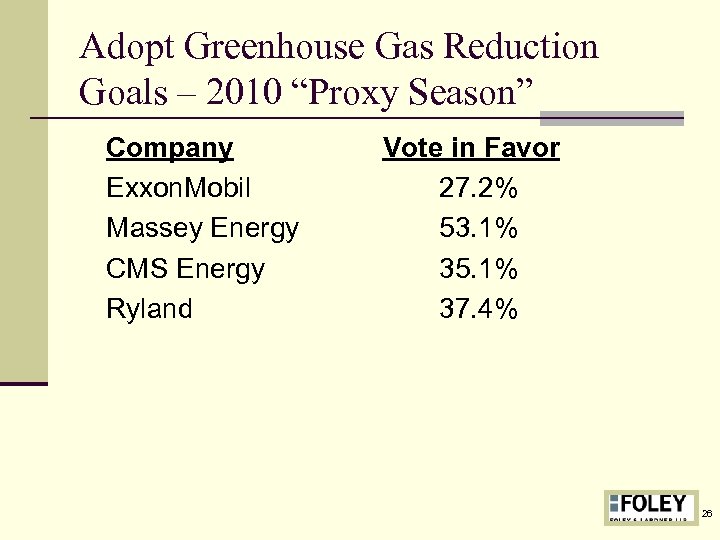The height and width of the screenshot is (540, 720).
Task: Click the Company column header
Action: coord(169,149)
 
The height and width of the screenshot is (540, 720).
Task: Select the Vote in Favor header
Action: coord(471,149)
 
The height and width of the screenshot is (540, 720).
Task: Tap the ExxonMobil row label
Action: coord(178,189)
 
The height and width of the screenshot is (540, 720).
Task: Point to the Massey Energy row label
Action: coord(202,229)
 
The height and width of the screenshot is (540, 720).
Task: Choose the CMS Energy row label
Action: coord(185,269)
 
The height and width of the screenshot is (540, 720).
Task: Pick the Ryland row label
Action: coord(149,309)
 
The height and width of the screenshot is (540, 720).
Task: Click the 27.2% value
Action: coord(479,189)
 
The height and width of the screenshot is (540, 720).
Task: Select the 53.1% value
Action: coord(479,229)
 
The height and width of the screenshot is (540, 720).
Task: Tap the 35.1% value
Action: coord(479,269)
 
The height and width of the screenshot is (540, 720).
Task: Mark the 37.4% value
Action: coord(479,309)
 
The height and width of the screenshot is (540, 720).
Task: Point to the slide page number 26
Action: coord(707,513)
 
